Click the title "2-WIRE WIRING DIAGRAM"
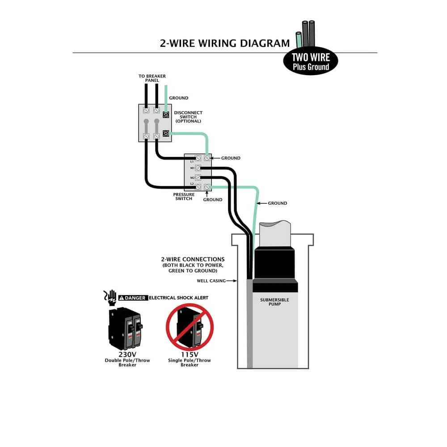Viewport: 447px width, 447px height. [x=225, y=43]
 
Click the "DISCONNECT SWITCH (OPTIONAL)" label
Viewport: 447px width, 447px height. [x=188, y=117]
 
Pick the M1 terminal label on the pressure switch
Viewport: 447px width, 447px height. [x=192, y=168]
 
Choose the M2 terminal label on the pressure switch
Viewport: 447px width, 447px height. [x=192, y=177]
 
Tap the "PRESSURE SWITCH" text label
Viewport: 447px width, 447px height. [x=184, y=197]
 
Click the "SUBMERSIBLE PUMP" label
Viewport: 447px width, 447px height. [x=274, y=302]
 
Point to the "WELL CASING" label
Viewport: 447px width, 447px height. [x=211, y=281]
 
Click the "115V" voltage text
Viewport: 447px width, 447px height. [x=190, y=355]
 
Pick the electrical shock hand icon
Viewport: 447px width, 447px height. [x=110, y=297]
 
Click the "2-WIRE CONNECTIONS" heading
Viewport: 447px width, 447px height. [x=193, y=259]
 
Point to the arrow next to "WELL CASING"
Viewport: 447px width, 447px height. [x=232, y=281]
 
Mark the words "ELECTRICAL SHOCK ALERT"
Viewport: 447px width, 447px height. [x=178, y=298]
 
